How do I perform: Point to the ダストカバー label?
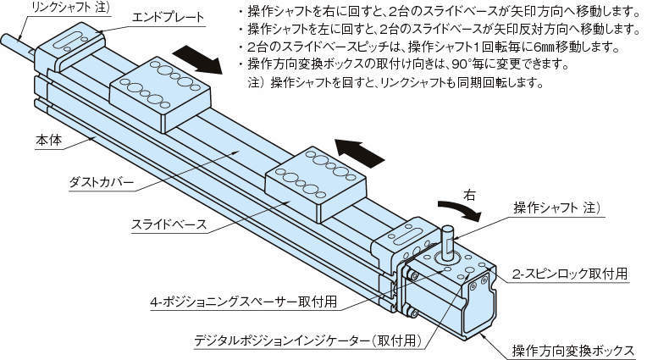[101, 182]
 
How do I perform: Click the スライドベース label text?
[169, 225]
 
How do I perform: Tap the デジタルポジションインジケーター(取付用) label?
[306, 343]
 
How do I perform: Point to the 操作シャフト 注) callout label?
[554, 208]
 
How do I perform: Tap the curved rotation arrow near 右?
[462, 212]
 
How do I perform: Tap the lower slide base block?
[316, 187]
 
